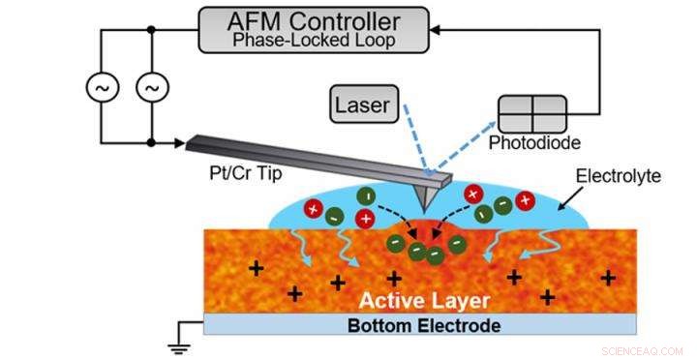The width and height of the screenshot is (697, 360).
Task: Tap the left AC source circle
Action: (x=101, y=87)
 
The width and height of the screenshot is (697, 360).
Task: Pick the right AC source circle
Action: (x=151, y=87)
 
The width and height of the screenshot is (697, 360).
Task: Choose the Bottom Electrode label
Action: (x=423, y=325)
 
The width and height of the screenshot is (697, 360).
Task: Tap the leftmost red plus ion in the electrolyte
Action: (x=313, y=209)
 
